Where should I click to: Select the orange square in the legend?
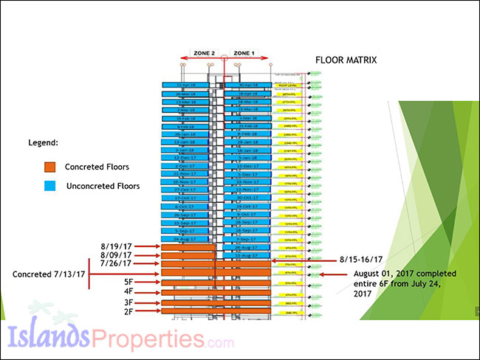tap(49, 167)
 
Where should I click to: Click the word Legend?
tap(42, 142)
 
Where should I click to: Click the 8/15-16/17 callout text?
tap(360, 260)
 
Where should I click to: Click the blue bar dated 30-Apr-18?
tap(248, 86)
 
